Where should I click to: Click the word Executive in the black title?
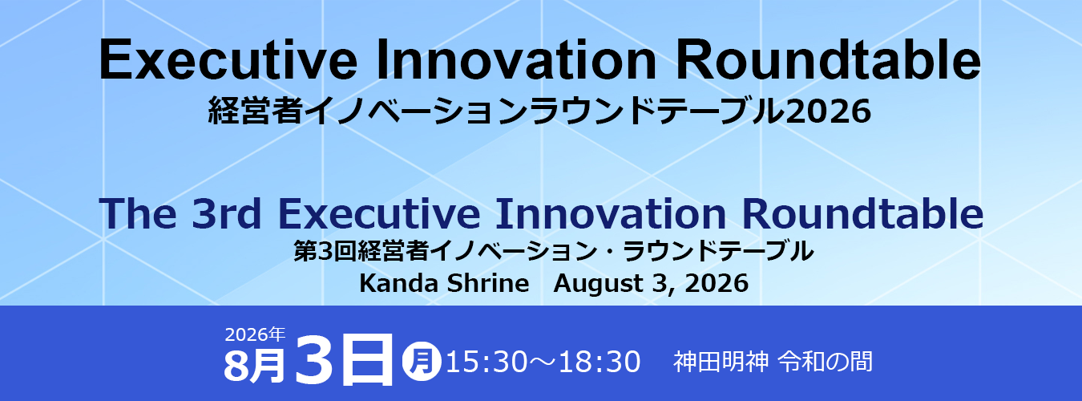(228, 60)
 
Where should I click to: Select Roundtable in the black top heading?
(828, 60)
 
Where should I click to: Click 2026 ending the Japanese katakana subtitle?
(829, 111)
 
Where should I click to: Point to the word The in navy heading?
(138, 213)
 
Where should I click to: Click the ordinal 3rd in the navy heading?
(227, 213)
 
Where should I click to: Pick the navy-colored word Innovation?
(611, 213)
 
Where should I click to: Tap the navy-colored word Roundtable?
(862, 213)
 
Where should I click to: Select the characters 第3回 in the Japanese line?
(325, 251)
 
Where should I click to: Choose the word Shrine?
(488, 283)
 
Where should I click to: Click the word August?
(598, 284)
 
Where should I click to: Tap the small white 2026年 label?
(255, 334)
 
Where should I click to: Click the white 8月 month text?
(255, 365)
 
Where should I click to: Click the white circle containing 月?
(422, 361)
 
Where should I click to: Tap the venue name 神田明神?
(721, 362)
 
